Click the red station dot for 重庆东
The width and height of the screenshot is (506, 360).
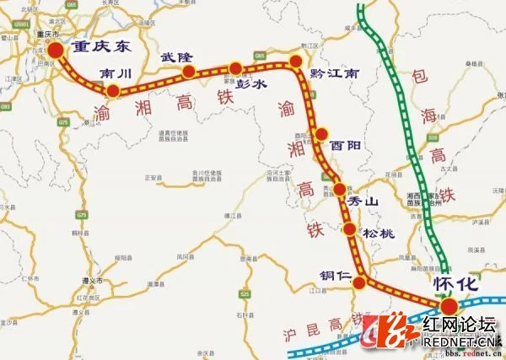click(x=56, y=51)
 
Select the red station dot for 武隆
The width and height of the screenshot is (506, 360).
click(x=189, y=71)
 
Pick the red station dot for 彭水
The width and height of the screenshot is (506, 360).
click(x=235, y=67)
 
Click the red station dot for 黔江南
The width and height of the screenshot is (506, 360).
click(x=296, y=62)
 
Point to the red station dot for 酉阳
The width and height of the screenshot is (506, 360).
click(x=321, y=133)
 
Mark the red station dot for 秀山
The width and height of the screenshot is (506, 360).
click(x=340, y=188)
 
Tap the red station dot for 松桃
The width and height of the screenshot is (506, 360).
click(x=350, y=228)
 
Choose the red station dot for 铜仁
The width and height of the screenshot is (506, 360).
click(x=359, y=282)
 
